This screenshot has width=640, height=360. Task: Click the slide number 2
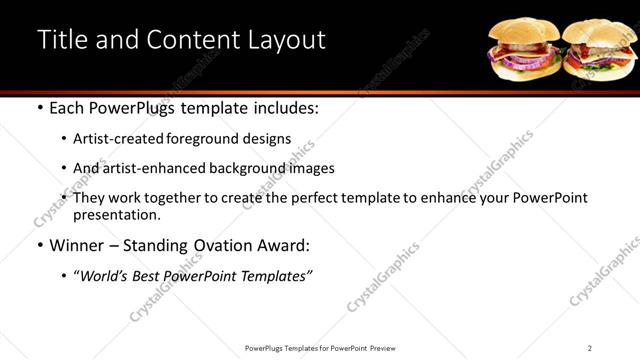click(590, 347)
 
